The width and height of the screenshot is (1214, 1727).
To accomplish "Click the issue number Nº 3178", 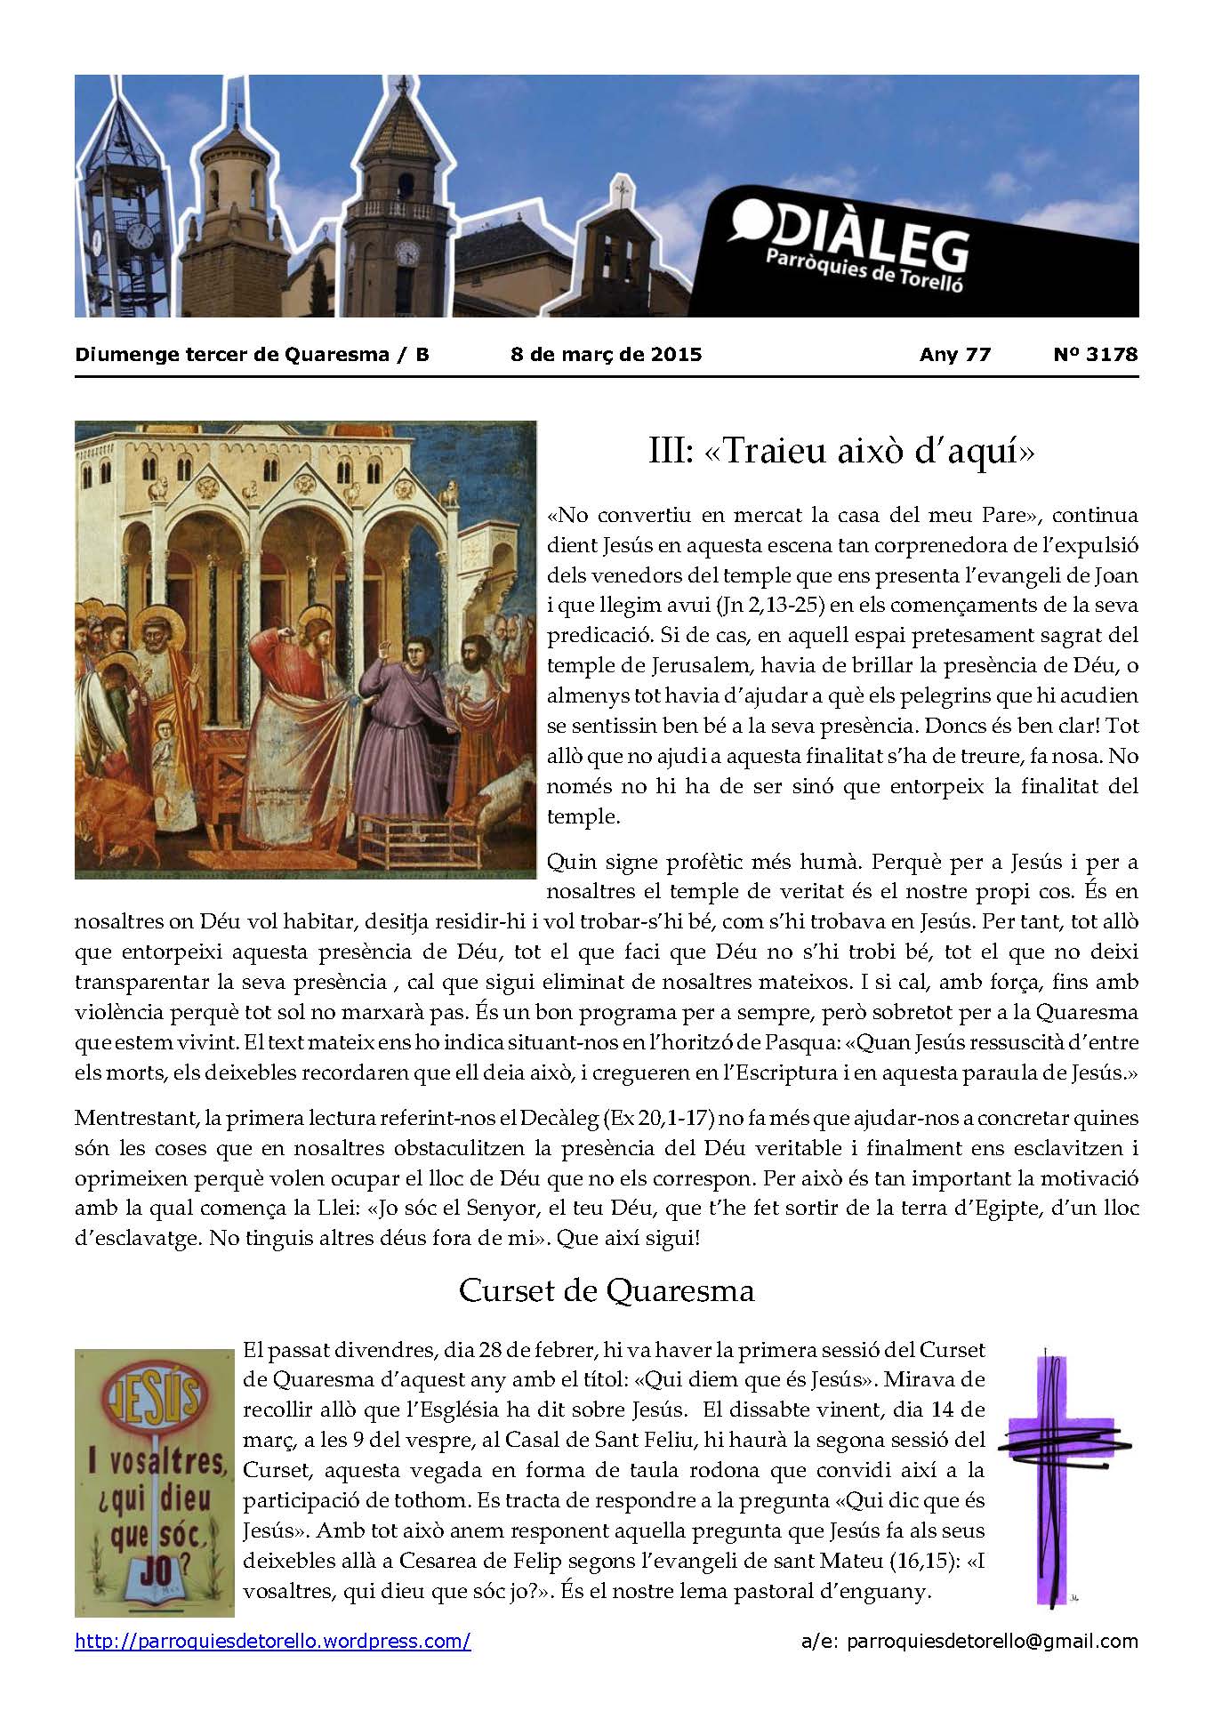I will point(1095,354).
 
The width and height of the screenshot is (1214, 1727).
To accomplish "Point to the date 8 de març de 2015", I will point(606,354).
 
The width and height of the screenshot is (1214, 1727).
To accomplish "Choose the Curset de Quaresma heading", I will point(606,1290).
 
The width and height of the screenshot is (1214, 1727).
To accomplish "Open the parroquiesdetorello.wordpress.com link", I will point(273,1642).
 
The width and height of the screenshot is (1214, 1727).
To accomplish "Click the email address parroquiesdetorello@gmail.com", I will point(969,1642).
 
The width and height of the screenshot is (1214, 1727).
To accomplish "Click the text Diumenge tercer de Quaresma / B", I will point(253,354).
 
